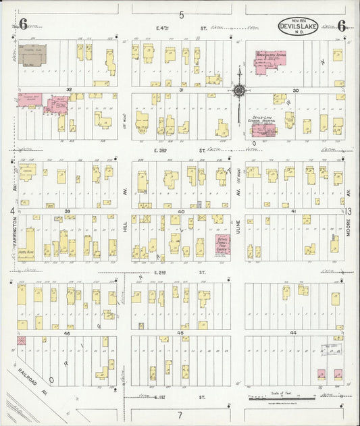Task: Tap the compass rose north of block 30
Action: click(238, 89)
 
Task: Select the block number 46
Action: click(67, 333)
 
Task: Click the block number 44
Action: click(293, 333)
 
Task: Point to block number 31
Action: click(181, 89)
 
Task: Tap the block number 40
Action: click(181, 211)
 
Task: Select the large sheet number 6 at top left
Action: click(23, 24)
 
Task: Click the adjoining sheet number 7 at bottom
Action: click(180, 413)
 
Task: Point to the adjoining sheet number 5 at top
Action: click(181, 14)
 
